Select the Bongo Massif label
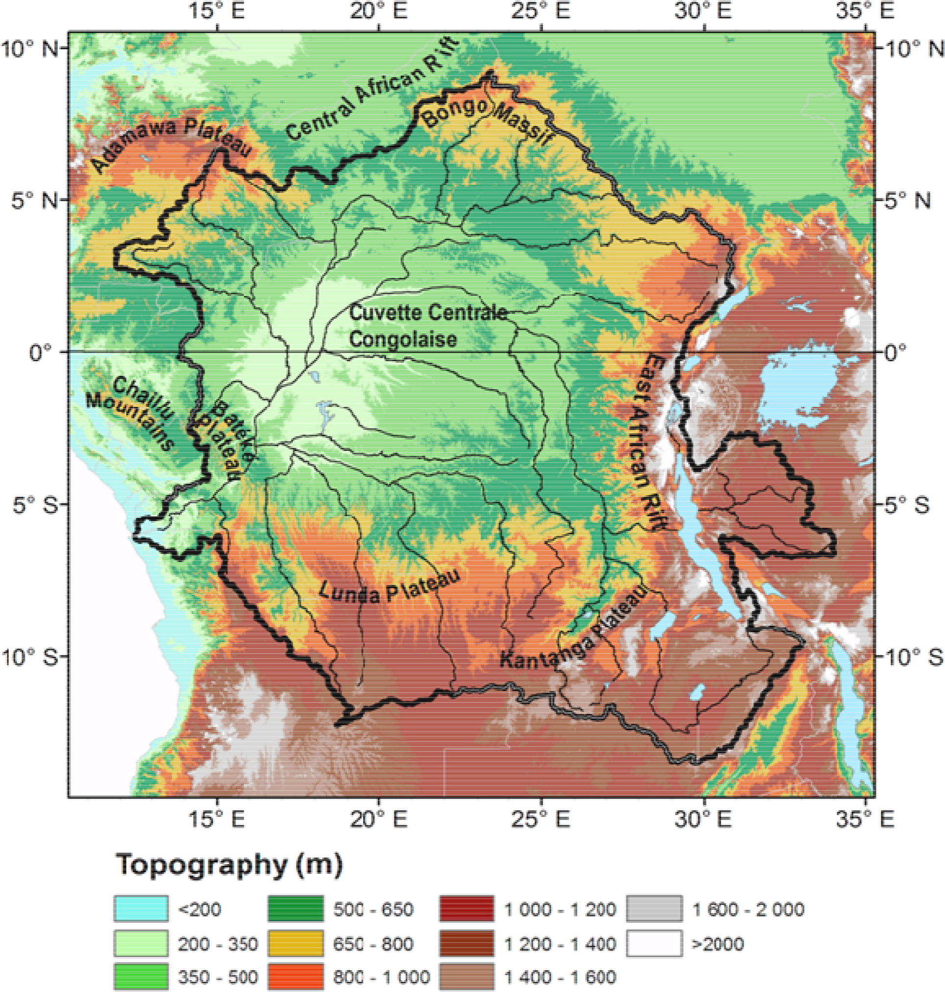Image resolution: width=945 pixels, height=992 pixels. click(486, 121)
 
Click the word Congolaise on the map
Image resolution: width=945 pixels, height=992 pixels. click(403, 339)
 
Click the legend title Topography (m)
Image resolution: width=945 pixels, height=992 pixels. click(229, 865)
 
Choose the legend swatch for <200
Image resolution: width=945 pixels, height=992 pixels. click(141, 909)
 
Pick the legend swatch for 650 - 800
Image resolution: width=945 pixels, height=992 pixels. click(295, 943)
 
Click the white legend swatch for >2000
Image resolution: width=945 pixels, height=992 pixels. click(654, 943)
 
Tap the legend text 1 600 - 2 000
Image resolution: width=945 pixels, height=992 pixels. click(748, 909)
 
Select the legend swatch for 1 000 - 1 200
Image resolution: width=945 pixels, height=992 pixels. click(467, 909)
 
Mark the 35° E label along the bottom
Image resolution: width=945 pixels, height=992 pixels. click(865, 819)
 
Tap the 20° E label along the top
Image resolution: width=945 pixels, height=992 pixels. click(378, 11)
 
